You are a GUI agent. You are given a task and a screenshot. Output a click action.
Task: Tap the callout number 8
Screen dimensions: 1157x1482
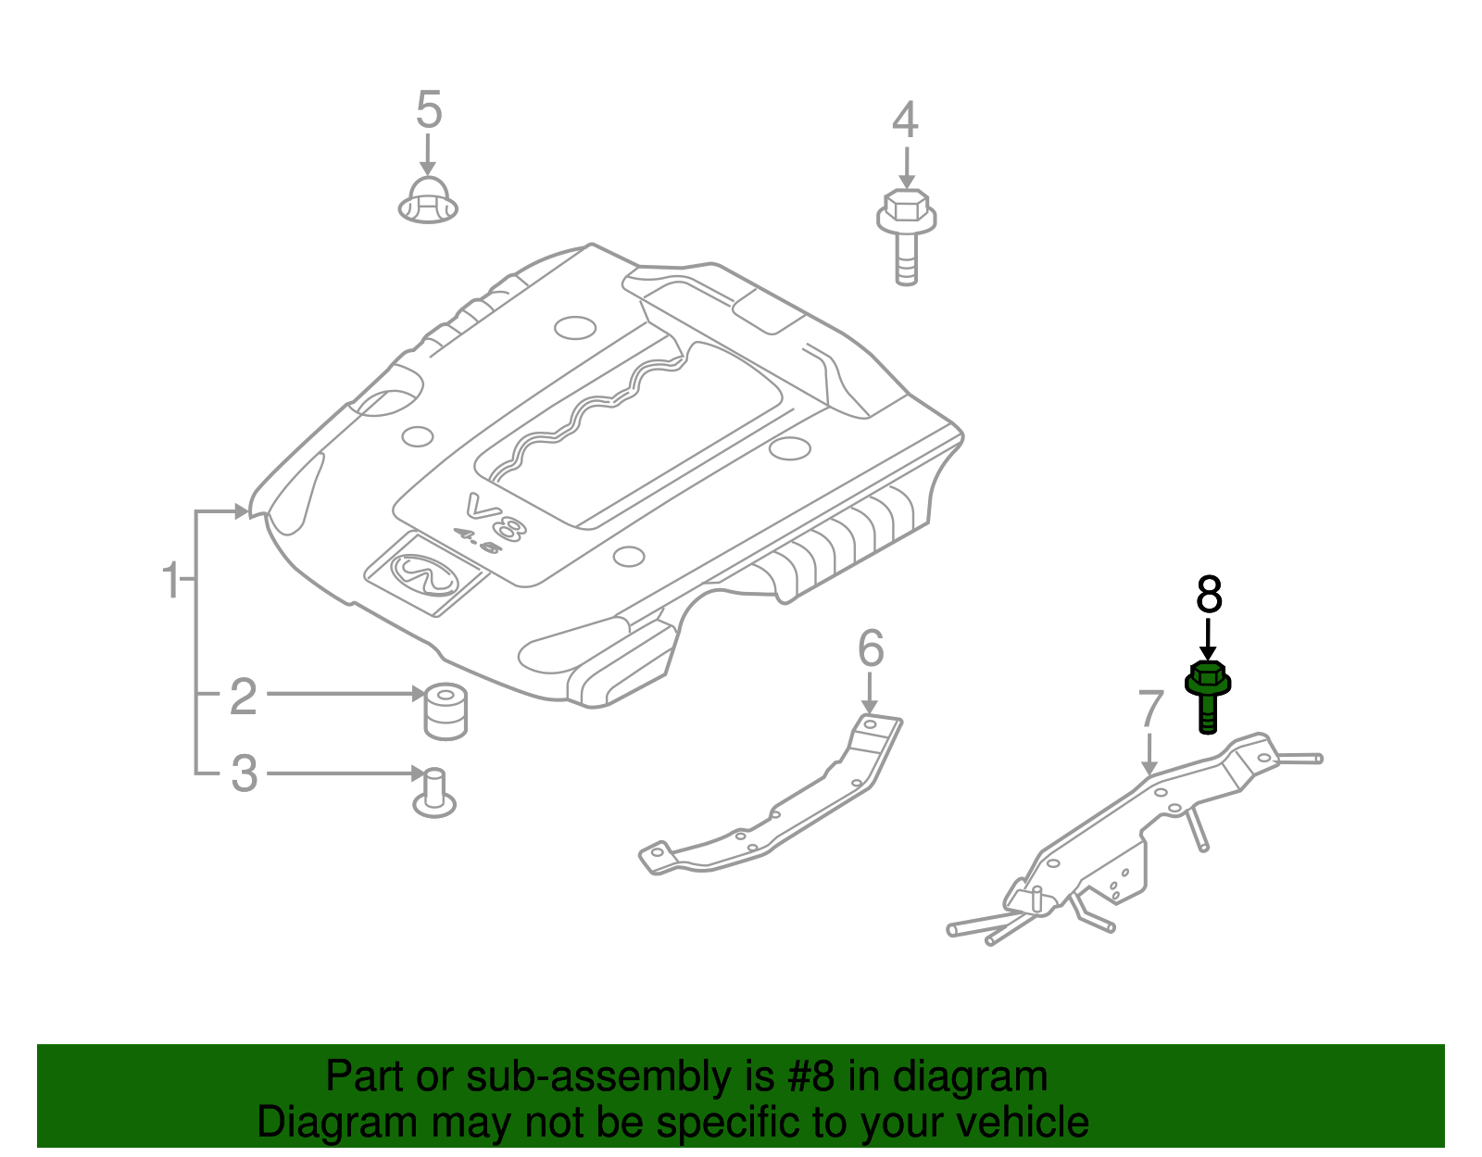coord(1209,595)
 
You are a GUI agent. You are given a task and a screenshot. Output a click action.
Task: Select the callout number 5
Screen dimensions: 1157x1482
coord(428,110)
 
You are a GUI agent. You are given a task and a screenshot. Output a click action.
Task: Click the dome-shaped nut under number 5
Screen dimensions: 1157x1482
coord(428,201)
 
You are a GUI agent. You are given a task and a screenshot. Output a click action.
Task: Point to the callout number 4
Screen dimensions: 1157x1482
coord(905,120)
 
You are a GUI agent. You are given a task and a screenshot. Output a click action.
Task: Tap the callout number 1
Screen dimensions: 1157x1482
coord(170,581)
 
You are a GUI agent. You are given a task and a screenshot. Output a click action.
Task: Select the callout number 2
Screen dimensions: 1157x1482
coord(243,696)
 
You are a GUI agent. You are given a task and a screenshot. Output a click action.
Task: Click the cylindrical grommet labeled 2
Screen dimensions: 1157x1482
coord(445,711)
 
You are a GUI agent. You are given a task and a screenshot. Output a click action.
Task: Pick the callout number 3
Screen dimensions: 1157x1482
coord(244,773)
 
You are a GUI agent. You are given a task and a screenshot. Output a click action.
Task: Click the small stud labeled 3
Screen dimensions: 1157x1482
coord(433,793)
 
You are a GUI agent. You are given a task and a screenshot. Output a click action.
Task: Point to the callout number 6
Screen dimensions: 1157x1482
coord(871,648)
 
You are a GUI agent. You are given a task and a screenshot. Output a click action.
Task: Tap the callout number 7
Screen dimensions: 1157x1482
coord(1149,710)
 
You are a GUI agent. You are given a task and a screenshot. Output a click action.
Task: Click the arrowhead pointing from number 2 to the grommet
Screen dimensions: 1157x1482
coord(417,693)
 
